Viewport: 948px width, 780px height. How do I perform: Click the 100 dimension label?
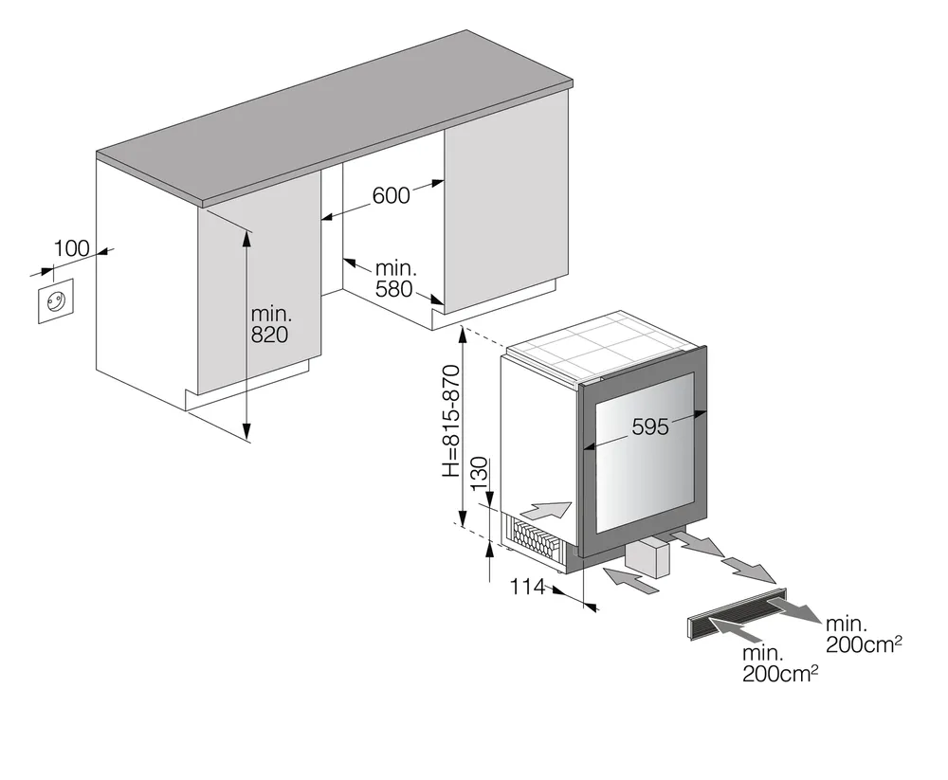(x=72, y=248)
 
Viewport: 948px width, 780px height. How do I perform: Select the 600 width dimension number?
(x=391, y=195)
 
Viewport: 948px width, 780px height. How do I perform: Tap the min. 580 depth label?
(x=393, y=279)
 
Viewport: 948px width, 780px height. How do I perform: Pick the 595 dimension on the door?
(x=649, y=426)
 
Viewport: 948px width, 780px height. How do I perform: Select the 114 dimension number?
(x=527, y=588)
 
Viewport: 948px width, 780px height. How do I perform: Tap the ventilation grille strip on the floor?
(x=735, y=616)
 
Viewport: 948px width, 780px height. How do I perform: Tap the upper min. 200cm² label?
(x=862, y=635)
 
